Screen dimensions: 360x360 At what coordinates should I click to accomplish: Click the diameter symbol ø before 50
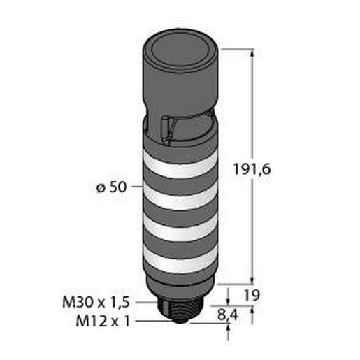99,187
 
